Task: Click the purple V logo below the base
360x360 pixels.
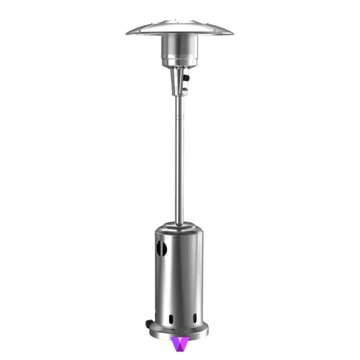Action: (x=179, y=344)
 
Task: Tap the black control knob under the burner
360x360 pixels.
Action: (x=187, y=79)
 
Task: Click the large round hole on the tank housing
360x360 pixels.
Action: (x=159, y=247)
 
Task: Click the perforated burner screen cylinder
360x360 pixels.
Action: (x=179, y=46)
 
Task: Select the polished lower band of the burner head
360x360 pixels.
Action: (x=179, y=59)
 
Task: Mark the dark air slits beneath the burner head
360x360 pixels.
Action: (x=179, y=67)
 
